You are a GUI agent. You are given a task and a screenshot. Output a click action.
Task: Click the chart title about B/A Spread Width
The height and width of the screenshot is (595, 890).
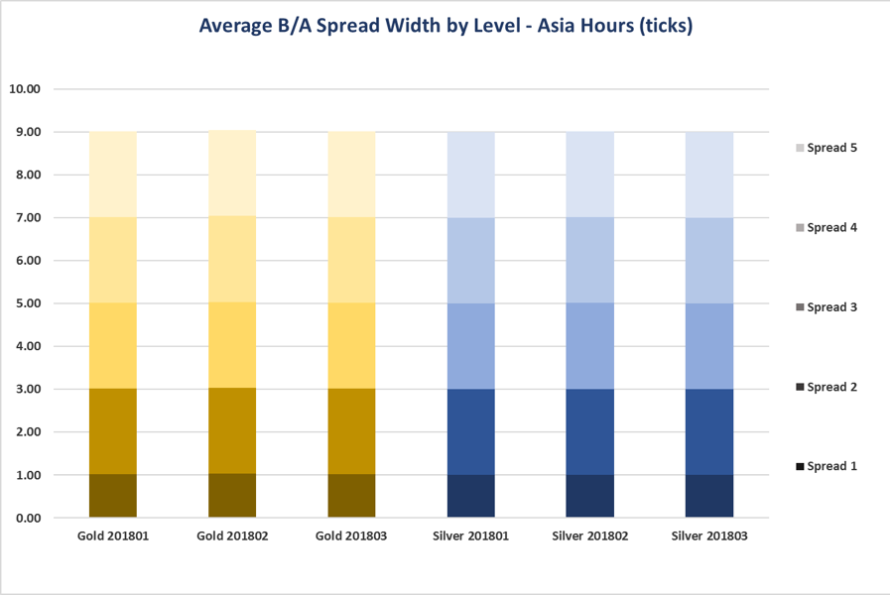click(445, 26)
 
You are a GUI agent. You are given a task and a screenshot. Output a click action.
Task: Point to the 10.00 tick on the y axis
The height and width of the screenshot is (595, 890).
click(25, 88)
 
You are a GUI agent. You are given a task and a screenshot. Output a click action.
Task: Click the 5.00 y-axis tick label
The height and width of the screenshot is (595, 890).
click(25, 303)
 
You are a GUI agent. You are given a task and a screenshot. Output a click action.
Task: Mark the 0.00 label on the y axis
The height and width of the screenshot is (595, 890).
click(25, 518)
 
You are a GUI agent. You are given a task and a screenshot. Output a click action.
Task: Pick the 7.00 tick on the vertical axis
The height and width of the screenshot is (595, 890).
click(25, 217)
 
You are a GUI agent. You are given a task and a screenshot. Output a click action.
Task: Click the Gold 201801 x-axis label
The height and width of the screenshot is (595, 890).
click(112, 536)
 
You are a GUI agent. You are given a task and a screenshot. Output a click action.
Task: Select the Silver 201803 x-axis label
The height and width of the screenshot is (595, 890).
click(709, 536)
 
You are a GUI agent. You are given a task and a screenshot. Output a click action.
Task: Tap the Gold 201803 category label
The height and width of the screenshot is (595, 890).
click(351, 536)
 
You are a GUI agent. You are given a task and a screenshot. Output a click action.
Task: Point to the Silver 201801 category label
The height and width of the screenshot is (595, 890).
click(470, 536)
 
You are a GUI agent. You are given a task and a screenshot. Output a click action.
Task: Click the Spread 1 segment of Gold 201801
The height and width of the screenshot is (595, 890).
click(113, 496)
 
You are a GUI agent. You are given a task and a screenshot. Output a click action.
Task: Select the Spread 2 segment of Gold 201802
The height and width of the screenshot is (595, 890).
click(232, 431)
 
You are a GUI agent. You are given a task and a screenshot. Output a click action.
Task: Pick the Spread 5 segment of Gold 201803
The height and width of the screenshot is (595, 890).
click(351, 175)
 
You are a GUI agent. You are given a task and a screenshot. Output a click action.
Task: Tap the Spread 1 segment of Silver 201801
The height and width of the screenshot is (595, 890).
click(470, 496)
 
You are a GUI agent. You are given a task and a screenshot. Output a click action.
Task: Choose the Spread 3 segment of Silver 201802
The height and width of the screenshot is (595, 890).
click(589, 346)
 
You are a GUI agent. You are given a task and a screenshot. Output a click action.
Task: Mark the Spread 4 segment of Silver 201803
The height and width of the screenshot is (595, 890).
click(709, 260)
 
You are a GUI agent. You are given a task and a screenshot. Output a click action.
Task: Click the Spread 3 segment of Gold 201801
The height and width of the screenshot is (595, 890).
click(113, 346)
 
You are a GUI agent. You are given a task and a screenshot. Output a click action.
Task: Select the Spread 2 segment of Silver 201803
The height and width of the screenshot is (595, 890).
click(709, 431)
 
